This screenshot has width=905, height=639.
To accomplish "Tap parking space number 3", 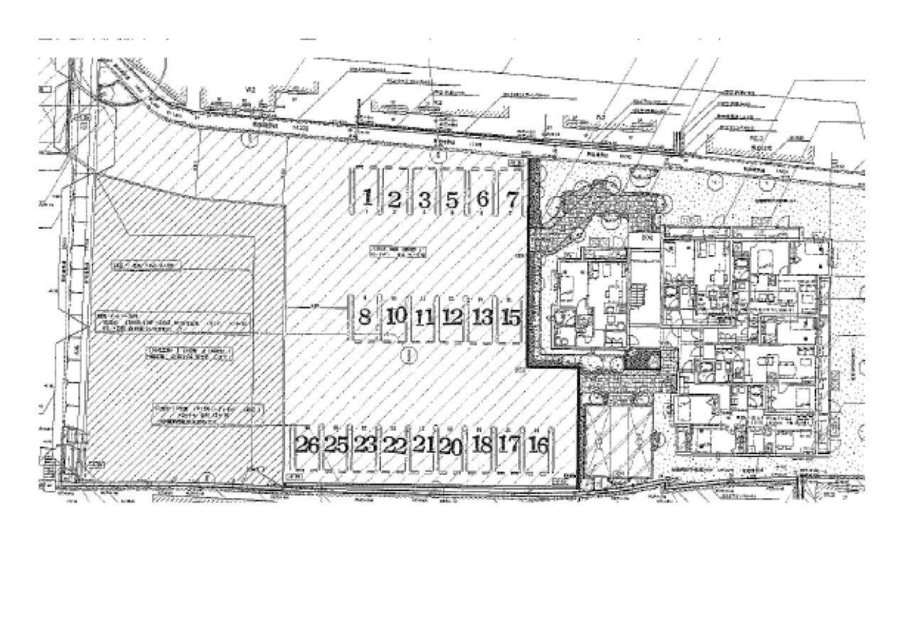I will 424,200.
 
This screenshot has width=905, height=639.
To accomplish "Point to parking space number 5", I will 452,200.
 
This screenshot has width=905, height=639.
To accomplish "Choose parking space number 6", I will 482,200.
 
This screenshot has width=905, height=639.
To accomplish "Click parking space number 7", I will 511,199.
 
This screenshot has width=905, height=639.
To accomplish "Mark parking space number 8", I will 365,316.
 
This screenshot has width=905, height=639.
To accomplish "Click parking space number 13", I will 482,317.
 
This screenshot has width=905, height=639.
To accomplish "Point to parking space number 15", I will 511,317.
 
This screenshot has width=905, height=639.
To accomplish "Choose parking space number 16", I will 540,446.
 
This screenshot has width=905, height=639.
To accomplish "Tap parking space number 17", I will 509,445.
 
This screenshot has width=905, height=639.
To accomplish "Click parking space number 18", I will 481,446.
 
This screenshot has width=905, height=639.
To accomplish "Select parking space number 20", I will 451,446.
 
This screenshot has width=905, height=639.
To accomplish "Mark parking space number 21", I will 424,446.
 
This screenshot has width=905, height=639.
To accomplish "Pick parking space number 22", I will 394,446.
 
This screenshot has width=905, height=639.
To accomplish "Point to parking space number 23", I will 365,446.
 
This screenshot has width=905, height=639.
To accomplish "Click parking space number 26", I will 308,446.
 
